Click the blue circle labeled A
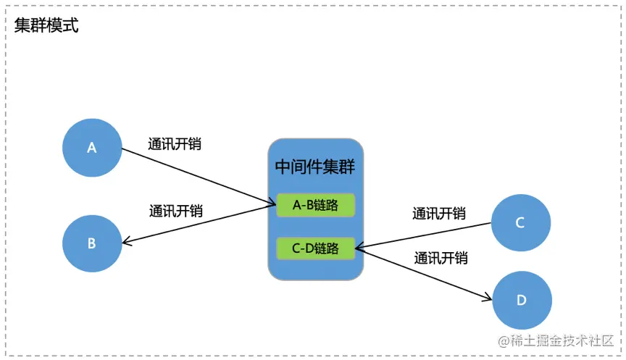[92, 147]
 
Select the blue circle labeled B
[92, 243]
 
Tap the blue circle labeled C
[520, 222]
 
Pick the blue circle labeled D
[522, 299]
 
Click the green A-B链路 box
[315, 206]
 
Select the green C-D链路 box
[315, 248]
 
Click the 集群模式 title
[46, 26]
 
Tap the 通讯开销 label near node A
[175, 143]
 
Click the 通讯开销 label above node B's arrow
[176, 212]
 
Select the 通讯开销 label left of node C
[439, 214]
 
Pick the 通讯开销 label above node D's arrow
[441, 258]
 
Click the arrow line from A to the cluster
[196, 177]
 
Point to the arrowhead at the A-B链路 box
[271, 205]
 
